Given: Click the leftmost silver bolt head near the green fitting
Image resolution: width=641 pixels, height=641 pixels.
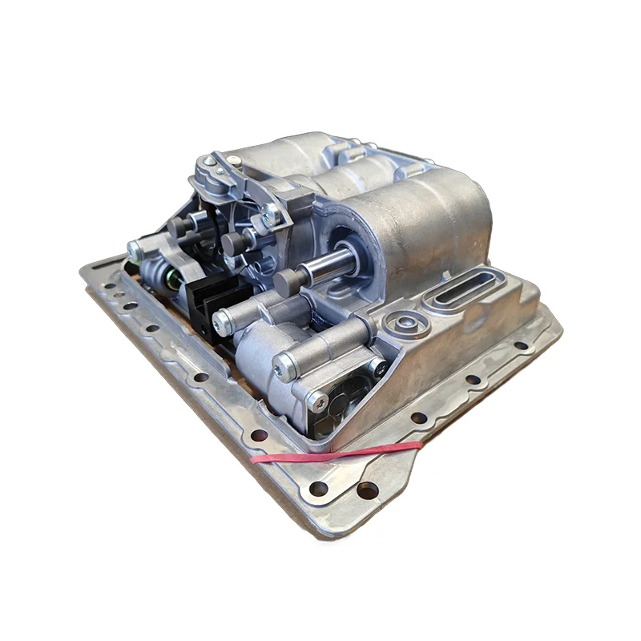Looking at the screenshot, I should coord(135,248).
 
